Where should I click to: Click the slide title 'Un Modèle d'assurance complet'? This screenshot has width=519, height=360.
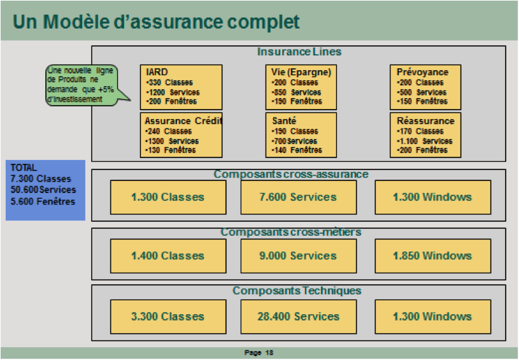point(156,22)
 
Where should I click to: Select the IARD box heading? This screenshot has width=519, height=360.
point(157,72)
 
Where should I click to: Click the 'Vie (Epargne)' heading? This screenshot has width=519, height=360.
point(301,72)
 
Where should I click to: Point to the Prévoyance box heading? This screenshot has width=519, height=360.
point(422,72)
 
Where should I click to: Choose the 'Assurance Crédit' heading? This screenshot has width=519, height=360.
point(183,121)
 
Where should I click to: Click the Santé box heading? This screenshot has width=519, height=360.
point(284,121)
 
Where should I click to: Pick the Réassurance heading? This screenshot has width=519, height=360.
point(425,121)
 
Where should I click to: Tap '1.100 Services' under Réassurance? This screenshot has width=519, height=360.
point(425,141)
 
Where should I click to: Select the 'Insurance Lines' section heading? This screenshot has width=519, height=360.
point(299,52)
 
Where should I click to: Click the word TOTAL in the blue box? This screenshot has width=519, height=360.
point(24,168)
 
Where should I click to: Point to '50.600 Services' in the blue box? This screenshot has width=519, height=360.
point(43,190)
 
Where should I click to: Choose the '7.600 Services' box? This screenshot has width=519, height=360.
point(299,198)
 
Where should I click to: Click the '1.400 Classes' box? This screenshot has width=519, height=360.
point(168,256)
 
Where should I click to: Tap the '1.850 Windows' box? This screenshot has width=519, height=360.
point(432,256)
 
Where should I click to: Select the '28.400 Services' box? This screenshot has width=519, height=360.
point(299,317)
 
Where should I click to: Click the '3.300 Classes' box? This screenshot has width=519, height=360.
point(168,317)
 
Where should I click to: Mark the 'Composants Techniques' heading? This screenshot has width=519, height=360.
point(297,291)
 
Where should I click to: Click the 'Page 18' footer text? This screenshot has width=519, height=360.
point(259,353)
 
